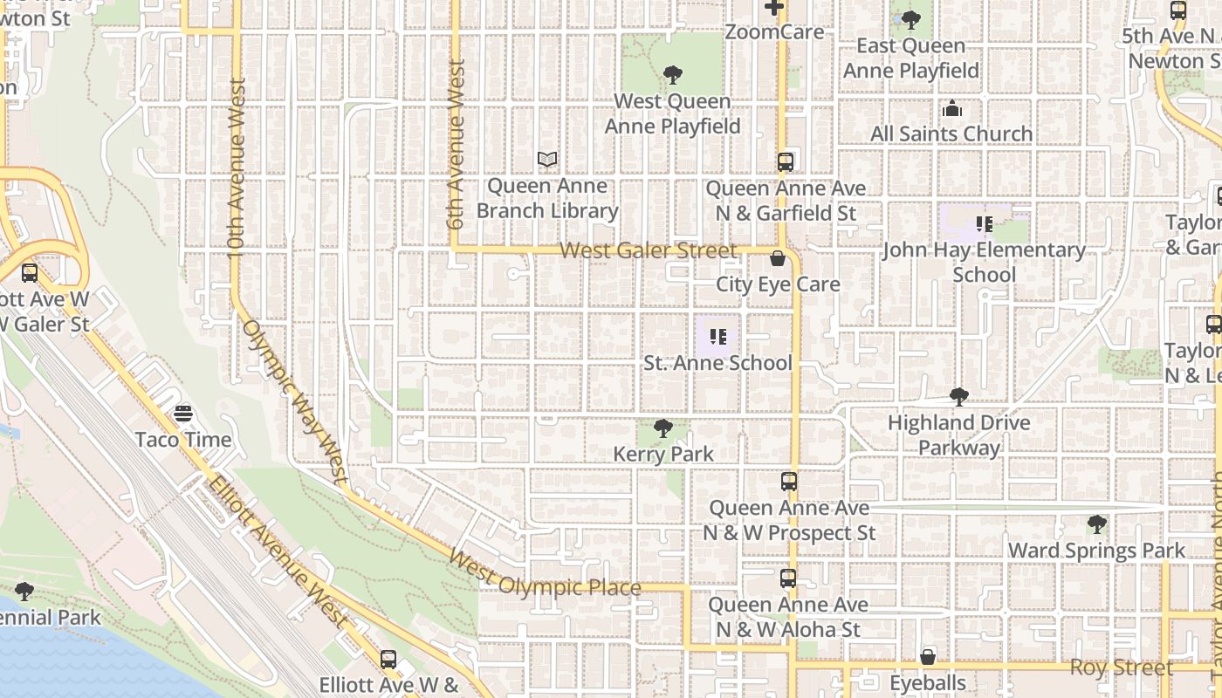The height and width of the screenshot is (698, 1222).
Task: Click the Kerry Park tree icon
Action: (x=663, y=428)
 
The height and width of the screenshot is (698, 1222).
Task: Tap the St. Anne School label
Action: (x=717, y=363)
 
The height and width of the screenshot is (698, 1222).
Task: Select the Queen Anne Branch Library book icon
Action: (x=547, y=160)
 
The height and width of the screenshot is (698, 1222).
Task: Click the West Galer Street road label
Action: (x=649, y=251)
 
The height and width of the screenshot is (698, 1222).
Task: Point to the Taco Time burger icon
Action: (x=183, y=413)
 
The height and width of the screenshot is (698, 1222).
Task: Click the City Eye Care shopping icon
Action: (x=777, y=258)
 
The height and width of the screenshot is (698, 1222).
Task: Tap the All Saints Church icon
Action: (x=951, y=109)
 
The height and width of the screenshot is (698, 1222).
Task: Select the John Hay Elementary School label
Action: (x=984, y=262)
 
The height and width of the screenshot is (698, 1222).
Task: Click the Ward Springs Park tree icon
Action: (x=1097, y=524)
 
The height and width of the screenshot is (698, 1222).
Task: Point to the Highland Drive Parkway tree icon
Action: (x=959, y=397)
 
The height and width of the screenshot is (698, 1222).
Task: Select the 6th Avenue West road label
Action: (x=456, y=145)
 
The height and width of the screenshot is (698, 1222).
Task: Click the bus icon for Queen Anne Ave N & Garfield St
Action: (x=786, y=161)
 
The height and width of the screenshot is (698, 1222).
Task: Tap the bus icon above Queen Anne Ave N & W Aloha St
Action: (x=788, y=578)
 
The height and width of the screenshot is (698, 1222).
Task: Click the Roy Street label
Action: (x=1122, y=668)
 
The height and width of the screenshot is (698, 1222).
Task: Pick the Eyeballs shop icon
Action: (x=928, y=657)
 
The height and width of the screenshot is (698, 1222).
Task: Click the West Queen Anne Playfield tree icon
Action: (x=672, y=75)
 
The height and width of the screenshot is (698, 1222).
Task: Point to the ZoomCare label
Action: (x=774, y=32)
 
